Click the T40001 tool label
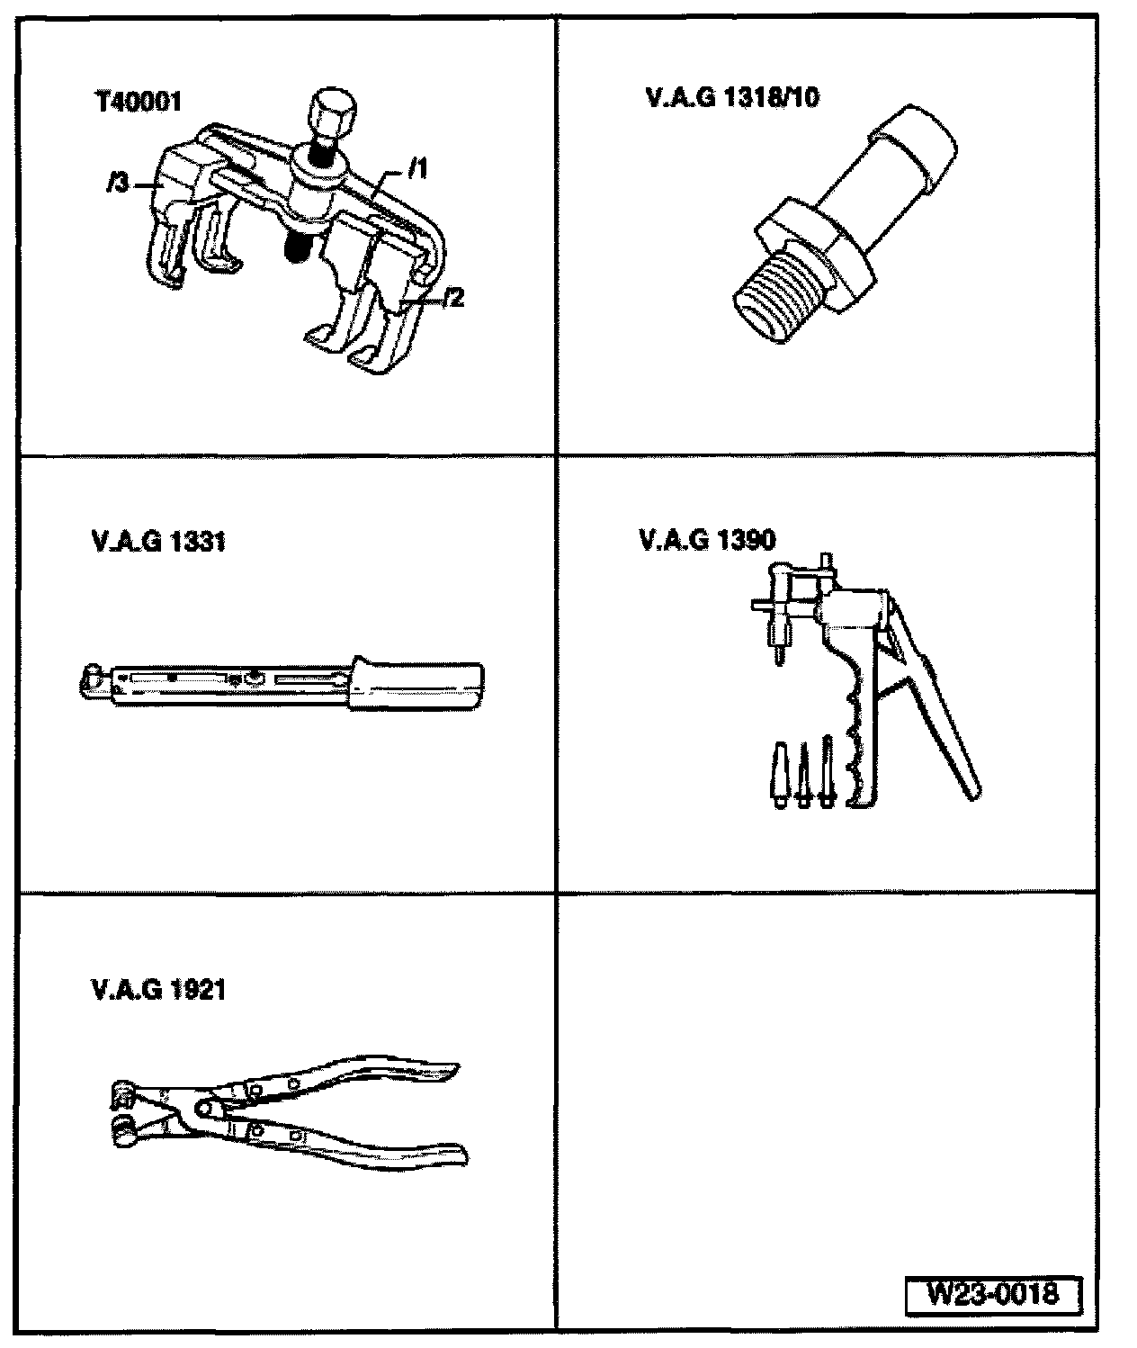139,102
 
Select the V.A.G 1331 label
158,543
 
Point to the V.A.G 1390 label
707,540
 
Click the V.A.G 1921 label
158,990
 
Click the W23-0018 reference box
992,1296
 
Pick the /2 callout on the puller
454,298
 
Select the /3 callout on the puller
116,185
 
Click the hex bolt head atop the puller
328,112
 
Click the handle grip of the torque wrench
419,684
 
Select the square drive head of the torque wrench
92,680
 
